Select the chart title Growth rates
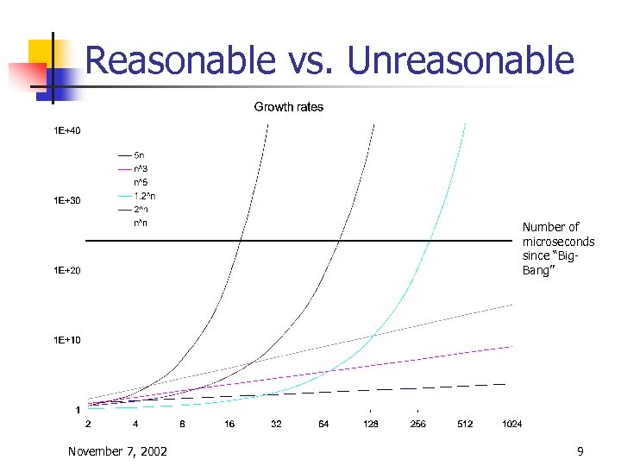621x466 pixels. [x=289, y=107]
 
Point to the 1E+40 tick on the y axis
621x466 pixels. [x=67, y=131]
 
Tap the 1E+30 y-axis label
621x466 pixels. [x=67, y=201]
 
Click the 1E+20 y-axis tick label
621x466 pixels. [x=67, y=271]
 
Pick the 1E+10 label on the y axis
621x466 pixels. [x=67, y=340]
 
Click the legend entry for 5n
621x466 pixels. [x=138, y=154]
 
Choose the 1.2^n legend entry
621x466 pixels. [x=144, y=196]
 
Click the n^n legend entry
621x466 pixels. [x=141, y=224]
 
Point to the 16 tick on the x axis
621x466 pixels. [x=229, y=425]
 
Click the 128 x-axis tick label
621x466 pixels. [x=371, y=425]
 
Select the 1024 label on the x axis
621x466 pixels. [x=511, y=425]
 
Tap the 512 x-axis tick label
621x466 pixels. [x=465, y=425]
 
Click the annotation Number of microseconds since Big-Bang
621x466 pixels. [x=557, y=249]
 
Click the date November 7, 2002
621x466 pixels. [x=117, y=451]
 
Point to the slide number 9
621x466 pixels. [x=580, y=451]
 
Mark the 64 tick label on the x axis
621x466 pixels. [x=323, y=425]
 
